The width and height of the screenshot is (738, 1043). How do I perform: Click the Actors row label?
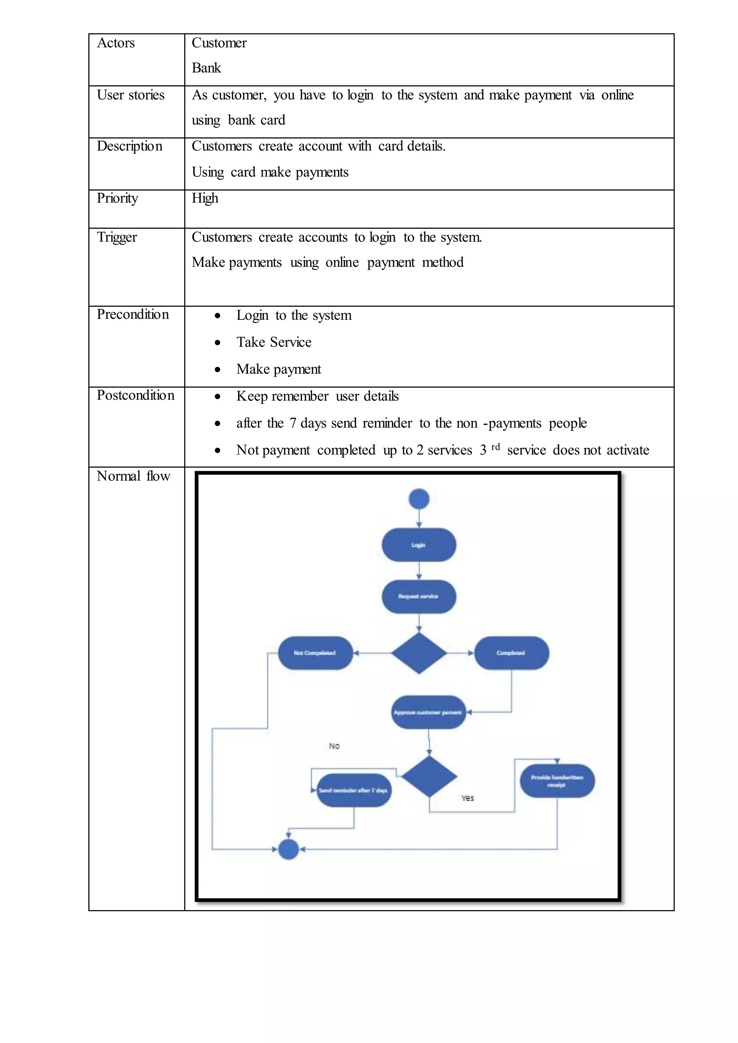116,43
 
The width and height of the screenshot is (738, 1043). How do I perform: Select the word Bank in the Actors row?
206,68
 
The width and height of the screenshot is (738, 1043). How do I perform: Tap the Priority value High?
205,198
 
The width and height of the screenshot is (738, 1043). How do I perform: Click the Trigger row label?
117,238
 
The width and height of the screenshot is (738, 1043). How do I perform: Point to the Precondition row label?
133,314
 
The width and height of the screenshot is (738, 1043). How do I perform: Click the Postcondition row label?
135,396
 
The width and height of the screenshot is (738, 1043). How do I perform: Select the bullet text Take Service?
274,342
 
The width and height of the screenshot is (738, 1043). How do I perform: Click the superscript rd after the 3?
495,447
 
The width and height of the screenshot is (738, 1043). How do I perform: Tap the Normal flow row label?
133,476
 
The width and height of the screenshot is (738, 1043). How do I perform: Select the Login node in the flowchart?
418,545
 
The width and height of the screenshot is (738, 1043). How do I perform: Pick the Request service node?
418,596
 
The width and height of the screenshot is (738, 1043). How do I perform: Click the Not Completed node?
315,653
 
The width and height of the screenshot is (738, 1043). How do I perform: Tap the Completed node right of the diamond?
511,653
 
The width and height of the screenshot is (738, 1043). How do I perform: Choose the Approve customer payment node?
428,712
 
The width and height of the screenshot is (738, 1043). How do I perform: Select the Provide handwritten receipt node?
557,781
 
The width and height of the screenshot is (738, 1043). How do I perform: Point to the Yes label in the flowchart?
467,798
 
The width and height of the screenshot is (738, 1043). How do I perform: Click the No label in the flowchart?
334,746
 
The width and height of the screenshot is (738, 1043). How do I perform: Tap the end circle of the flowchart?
288,849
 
